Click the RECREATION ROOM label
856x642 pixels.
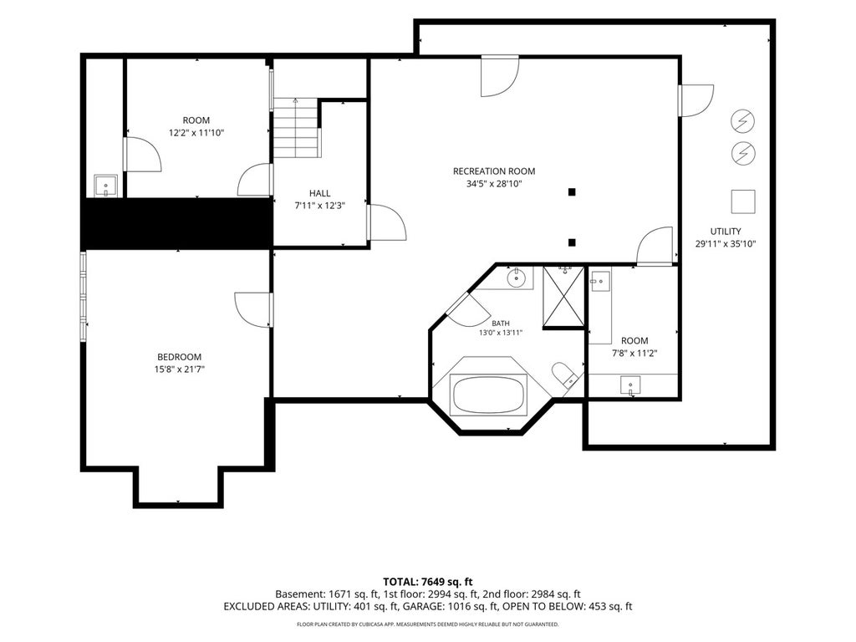pos(493,171)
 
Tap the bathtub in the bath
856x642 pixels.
pos(488,395)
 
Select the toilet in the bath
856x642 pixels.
pos(564,375)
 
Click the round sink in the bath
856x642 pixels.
pos(516,278)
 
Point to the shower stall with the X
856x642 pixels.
pos(563,297)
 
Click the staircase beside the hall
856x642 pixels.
pos(295,128)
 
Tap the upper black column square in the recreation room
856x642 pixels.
pos(572,192)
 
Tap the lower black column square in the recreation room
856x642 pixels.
pos(572,242)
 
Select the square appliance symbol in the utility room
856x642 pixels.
pos(743,201)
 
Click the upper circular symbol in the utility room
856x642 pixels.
pos(743,121)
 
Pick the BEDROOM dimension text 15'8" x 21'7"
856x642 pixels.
pos(180,369)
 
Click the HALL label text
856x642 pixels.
pos(319,193)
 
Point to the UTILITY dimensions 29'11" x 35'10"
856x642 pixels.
pos(726,244)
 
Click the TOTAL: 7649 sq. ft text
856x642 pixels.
pos(427,582)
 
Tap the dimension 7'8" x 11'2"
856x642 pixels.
pos(634,354)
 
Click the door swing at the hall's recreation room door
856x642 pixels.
pos(388,222)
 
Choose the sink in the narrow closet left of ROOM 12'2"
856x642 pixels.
pos(105,186)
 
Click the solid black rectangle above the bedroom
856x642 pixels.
pos(177,224)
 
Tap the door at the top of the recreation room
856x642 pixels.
pos(500,76)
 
